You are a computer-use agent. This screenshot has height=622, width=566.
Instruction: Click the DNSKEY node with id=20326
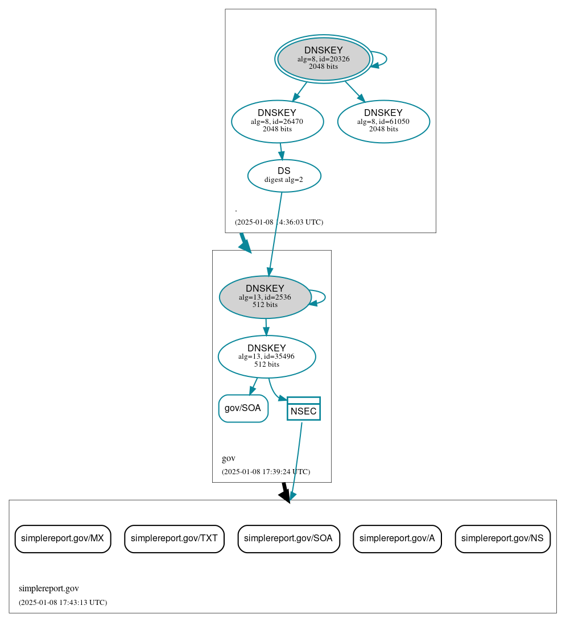323,59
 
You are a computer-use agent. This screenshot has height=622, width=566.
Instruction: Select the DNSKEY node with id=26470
277,121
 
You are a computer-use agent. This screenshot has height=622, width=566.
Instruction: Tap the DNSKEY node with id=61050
383,121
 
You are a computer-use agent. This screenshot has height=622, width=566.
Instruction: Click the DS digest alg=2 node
284,175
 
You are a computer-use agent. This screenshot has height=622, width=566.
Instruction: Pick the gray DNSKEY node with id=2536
265,297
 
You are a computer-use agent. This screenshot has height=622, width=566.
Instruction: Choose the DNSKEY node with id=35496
266,356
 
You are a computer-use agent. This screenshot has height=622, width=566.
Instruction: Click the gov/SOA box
243,408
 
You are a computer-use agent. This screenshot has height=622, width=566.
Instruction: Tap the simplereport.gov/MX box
63,538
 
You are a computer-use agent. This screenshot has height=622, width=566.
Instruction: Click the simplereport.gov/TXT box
174,538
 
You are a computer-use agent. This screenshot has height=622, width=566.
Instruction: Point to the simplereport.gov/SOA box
288,538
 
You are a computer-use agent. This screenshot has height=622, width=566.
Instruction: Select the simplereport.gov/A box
397,538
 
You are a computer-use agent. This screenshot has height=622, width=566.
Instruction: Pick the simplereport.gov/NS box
502,538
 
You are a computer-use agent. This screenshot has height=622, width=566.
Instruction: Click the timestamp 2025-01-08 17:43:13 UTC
63,602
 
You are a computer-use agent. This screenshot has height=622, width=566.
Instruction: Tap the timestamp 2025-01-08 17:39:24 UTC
266,472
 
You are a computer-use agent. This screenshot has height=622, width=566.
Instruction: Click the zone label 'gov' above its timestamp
228,458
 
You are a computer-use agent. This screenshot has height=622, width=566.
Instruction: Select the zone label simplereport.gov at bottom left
48,588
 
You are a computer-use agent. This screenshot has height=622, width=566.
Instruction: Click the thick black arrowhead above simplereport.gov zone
285,495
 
